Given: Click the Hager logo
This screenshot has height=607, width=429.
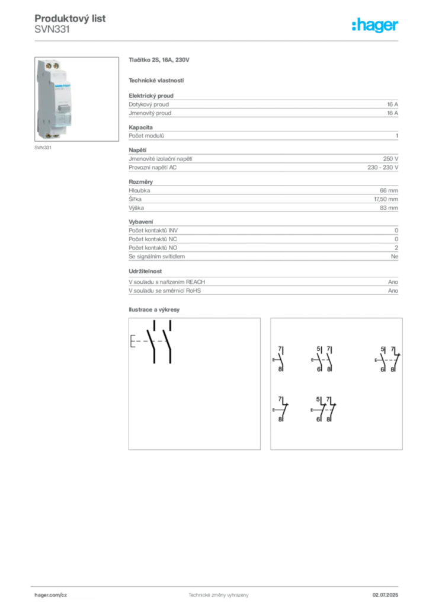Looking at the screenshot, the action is click(374, 25).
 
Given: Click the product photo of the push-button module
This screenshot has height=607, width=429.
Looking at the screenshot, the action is click(54, 99).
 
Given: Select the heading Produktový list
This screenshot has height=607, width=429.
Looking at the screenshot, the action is click(70, 18).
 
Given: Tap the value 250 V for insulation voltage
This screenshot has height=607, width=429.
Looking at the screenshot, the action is click(390, 159).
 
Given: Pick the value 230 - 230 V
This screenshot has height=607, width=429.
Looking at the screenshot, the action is click(383, 167).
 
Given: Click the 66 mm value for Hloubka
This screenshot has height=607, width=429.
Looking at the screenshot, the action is click(389, 190).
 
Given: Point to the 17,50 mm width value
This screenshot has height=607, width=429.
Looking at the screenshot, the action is click(386, 199).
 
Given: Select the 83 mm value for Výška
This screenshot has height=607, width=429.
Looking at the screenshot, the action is click(389, 208).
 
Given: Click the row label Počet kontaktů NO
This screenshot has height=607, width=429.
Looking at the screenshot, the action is click(153, 248).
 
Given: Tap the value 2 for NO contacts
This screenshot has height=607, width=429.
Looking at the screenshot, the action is click(396, 248).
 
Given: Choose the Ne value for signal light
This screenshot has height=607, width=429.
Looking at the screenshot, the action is click(395, 256).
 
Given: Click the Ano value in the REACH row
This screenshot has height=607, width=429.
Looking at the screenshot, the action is click(393, 282).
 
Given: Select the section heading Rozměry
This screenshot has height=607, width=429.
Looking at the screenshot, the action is click(141, 181).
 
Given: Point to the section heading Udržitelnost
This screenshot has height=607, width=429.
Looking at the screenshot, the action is click(145, 271).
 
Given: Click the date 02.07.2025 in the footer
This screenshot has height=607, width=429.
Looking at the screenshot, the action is click(385, 595).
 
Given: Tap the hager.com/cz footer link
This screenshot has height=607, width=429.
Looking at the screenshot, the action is click(51, 595).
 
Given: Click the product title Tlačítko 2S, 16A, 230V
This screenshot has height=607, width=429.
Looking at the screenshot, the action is click(159, 60).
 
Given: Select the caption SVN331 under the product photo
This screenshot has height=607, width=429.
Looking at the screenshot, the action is click(43, 148).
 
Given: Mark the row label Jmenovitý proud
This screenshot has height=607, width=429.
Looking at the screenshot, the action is click(150, 113).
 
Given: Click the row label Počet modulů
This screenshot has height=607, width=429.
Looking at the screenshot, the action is click(146, 136).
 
